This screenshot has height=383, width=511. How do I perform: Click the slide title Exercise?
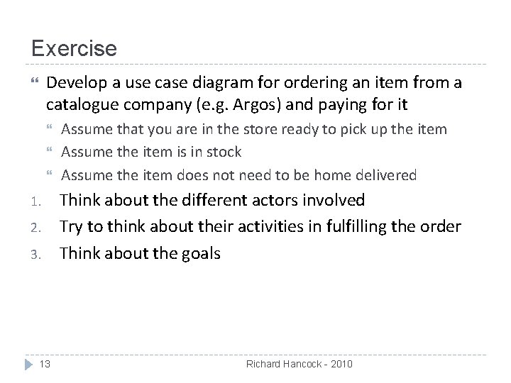74,49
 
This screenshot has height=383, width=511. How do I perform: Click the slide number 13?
45,364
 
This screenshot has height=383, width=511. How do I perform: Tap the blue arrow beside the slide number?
26,364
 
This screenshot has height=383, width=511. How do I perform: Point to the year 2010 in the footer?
340,364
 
